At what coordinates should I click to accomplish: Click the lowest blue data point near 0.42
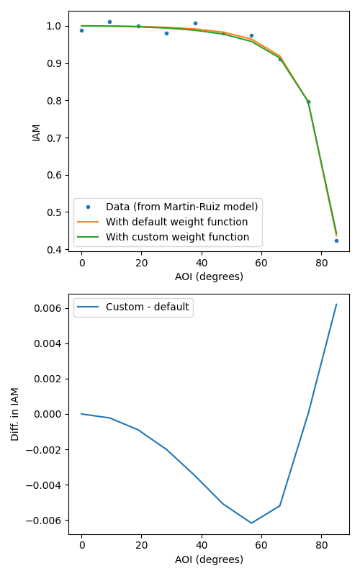click(x=336, y=240)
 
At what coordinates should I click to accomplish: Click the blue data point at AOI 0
click(x=81, y=30)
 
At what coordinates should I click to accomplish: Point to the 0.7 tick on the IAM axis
click(x=54, y=138)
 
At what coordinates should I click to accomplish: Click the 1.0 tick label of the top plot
click(x=54, y=26)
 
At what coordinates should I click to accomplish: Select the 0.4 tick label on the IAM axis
click(x=54, y=250)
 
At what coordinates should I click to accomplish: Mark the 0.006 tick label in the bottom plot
click(x=48, y=308)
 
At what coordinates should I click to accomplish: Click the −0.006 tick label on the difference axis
click(x=44, y=521)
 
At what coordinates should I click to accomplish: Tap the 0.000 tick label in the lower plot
click(x=48, y=415)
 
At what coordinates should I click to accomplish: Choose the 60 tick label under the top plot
click(x=261, y=263)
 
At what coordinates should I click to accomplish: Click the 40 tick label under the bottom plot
click(x=202, y=545)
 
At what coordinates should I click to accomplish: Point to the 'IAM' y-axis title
click(x=36, y=133)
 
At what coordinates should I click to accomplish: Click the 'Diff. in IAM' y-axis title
click(x=14, y=414)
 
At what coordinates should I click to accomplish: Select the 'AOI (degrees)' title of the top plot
click(x=209, y=276)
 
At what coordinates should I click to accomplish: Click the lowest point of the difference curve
click(x=251, y=523)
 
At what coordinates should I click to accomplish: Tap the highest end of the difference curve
click(x=336, y=304)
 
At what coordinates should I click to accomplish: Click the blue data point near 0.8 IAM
click(x=308, y=102)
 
